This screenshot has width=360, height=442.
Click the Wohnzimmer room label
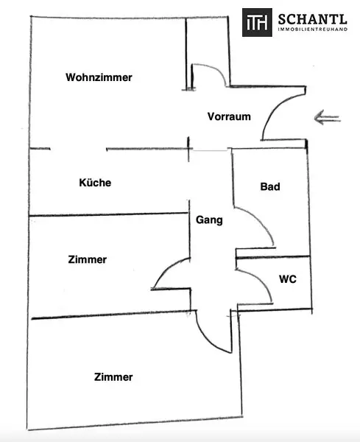click(99, 77)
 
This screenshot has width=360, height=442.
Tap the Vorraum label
click(229, 116)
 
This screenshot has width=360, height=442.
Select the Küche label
click(95, 183)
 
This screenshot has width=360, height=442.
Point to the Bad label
click(270, 187)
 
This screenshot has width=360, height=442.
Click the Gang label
click(209, 219)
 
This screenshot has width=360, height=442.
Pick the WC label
click(287, 280)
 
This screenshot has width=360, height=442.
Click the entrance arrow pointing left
click(327, 117)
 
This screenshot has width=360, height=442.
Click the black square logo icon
click(257, 23)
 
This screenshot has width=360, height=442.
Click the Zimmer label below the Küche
click(87, 259)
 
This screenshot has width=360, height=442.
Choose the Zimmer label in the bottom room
click(113, 377)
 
